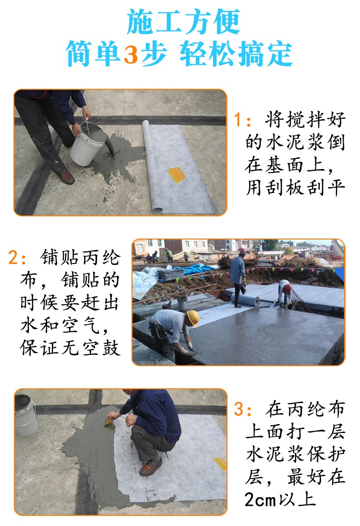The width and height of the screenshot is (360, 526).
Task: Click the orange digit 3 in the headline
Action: tap(131, 54)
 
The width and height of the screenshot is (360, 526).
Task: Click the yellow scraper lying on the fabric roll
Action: tap(177, 174)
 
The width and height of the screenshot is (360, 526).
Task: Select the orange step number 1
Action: tap(238, 120)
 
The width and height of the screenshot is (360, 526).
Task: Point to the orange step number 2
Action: tap(13, 258)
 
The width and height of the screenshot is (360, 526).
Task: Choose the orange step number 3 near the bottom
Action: tap(239, 409)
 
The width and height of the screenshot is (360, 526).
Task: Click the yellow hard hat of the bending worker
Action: tap(193, 318)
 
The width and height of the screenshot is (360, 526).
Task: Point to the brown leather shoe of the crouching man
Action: tap(151, 466)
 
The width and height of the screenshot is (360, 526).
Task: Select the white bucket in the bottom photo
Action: tap(26, 416)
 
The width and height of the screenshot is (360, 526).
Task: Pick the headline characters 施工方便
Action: tap(183, 22)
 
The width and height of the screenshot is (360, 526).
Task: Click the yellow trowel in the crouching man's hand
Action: tap(108, 420)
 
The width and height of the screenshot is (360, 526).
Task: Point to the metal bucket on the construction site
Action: tap(182, 303)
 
